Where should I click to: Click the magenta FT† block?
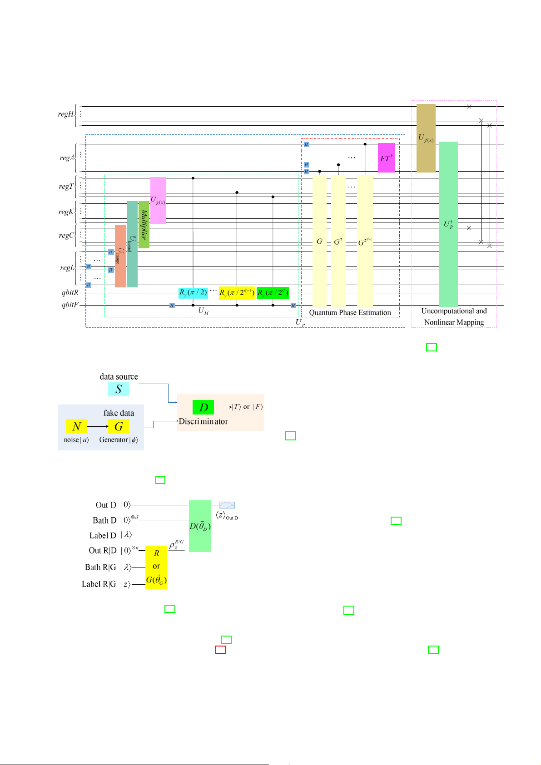pyautogui.click(x=386, y=158)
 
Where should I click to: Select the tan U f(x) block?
pyautogui.click(x=426, y=138)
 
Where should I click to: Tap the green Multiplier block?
pyautogui.click(x=144, y=225)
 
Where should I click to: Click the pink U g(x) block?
pyautogui.click(x=158, y=200)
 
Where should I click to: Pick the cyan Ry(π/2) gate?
pyautogui.click(x=193, y=293)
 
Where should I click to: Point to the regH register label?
pyautogui.click(x=65, y=114)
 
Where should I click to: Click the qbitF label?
pyautogui.click(x=70, y=305)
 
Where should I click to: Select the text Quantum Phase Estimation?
pyautogui.click(x=350, y=312)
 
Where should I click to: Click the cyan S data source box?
pyautogui.click(x=119, y=389)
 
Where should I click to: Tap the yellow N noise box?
pyautogui.click(x=76, y=426)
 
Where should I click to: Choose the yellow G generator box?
pyautogui.click(x=119, y=426)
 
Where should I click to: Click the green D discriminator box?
pyautogui.click(x=203, y=407)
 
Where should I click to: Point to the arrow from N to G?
pyautogui.click(x=97, y=426)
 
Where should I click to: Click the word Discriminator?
pyautogui.click(x=203, y=421)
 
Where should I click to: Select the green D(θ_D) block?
pyautogui.click(x=200, y=526)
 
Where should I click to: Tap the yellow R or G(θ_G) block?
pyautogui.click(x=156, y=568)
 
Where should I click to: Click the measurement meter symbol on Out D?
pyautogui.click(x=227, y=505)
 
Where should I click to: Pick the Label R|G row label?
pyautogui.click(x=99, y=584)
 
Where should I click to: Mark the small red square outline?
pyautogui.click(x=220, y=650)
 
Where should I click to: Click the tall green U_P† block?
pyautogui.click(x=448, y=224)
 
